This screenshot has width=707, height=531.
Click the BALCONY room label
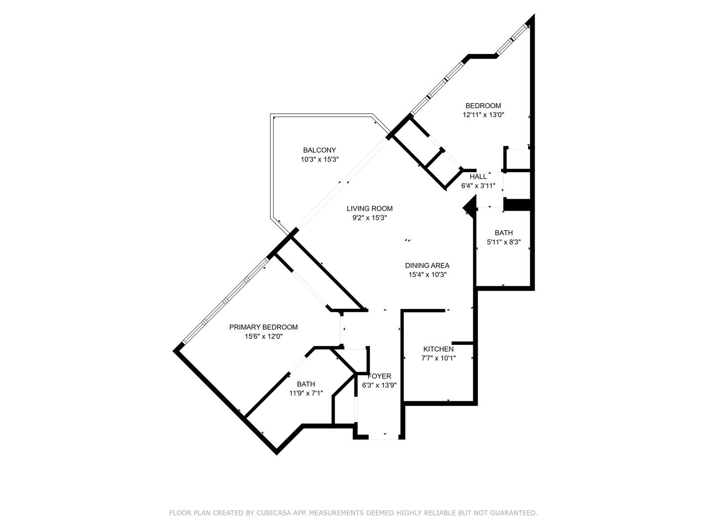click(319, 150)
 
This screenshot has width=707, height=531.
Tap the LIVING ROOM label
click(369, 208)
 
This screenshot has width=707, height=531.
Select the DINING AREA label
click(427, 265)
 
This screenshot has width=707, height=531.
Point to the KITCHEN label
click(438, 349)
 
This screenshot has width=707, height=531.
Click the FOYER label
click(379, 376)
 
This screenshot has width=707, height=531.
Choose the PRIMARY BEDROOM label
click(263, 327)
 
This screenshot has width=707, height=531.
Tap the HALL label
click(478, 177)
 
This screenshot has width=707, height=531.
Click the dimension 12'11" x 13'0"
click(483, 115)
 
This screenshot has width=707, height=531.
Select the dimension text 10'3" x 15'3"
click(319, 159)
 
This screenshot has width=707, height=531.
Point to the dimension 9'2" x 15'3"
click(369, 218)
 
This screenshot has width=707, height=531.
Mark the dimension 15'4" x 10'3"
click(427, 275)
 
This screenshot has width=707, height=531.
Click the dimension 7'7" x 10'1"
click(438, 358)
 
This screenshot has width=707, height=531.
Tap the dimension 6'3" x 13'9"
click(379, 385)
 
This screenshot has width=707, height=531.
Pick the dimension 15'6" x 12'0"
click(263, 336)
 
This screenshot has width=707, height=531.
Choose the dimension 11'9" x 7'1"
click(306, 393)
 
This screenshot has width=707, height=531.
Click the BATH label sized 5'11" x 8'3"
click(503, 232)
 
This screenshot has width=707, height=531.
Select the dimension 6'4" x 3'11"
click(478, 186)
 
